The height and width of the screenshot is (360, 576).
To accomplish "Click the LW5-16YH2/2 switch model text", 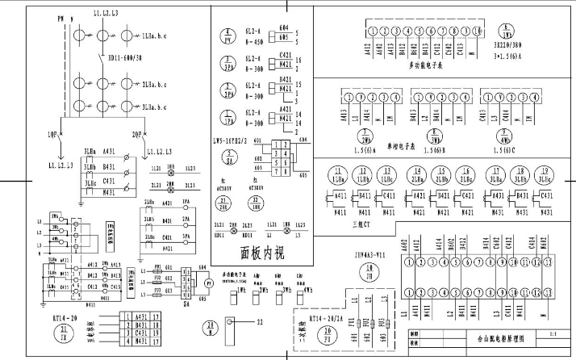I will point(240,140).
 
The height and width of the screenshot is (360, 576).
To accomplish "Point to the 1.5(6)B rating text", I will point(436,150).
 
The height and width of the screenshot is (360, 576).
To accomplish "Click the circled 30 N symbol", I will point(210,327).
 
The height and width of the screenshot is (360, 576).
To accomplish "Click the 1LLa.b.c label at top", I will point(156,37).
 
